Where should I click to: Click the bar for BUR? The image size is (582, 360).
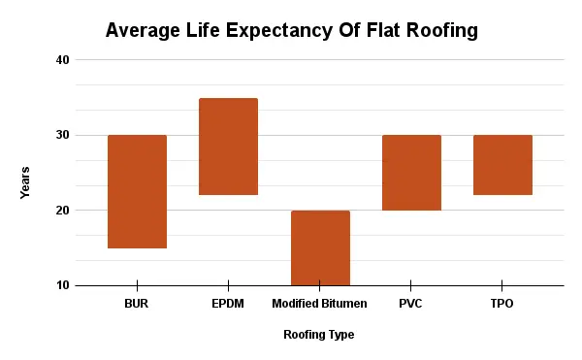[x=137, y=191]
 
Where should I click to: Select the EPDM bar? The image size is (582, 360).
[x=228, y=147]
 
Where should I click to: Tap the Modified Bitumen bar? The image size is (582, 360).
[x=320, y=247]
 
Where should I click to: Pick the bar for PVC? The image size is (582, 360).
[x=411, y=173]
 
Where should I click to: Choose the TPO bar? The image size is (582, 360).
[x=502, y=165]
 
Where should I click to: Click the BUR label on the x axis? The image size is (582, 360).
[x=137, y=304]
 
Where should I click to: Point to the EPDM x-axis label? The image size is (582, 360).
[x=228, y=304]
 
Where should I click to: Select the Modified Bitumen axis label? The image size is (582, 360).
[x=320, y=304]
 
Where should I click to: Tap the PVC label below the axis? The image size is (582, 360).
[x=411, y=304]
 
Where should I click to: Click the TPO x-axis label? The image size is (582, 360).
[x=502, y=304]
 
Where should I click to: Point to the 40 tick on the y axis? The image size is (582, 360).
[x=63, y=60]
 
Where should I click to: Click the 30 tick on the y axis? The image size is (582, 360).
[x=63, y=135]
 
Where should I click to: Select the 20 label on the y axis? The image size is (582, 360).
[x=63, y=211]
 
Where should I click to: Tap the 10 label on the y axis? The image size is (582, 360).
[x=63, y=285]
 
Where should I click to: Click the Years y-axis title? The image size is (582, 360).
[x=25, y=182]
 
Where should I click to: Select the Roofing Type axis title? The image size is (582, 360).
[x=318, y=335]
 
